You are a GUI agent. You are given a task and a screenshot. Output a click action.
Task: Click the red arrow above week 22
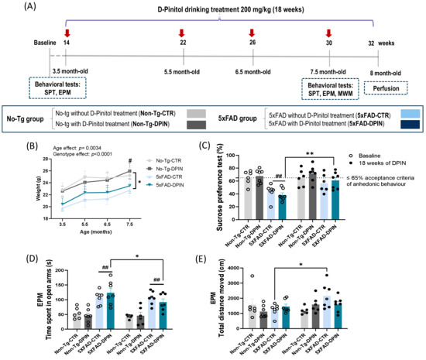pyautogui.click(x=181, y=33)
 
